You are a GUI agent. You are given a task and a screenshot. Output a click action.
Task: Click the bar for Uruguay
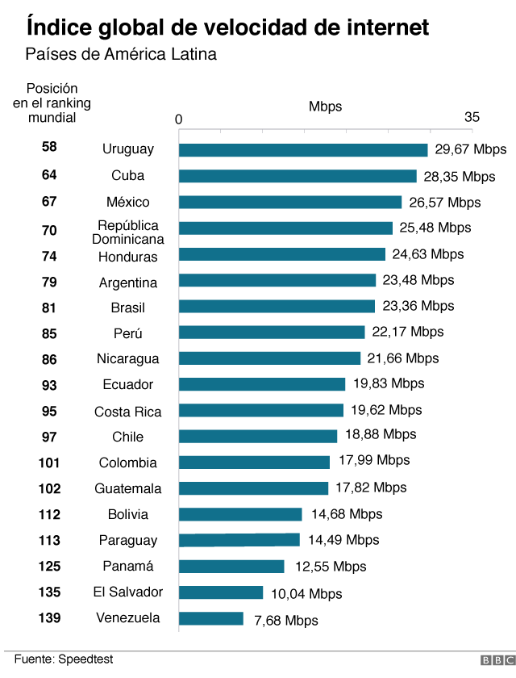(x=302, y=150)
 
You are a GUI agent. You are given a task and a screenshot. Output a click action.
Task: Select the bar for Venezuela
(x=210, y=618)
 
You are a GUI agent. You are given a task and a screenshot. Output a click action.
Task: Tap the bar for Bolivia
(x=239, y=514)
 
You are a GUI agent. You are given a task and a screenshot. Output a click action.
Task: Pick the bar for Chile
(x=257, y=436)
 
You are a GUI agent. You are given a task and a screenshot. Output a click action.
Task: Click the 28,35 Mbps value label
(x=460, y=177)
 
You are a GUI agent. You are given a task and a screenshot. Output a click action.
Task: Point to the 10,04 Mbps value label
(x=306, y=594)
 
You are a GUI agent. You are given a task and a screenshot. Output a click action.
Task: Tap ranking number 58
(x=49, y=147)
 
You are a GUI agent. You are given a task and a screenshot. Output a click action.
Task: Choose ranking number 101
(x=49, y=462)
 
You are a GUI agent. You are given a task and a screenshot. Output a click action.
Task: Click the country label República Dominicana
(x=127, y=232)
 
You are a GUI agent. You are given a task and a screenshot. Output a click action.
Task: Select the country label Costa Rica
(x=127, y=412)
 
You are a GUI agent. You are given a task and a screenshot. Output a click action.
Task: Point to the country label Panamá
(x=127, y=566)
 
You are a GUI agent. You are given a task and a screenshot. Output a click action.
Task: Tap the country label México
(x=127, y=202)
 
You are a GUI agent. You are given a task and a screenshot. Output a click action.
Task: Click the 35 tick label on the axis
(x=472, y=118)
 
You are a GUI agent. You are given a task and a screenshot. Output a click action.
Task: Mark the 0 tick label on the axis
(x=179, y=119)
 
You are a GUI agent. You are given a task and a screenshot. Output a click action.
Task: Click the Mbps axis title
(x=325, y=107)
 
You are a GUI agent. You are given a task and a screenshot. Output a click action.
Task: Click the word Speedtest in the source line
(x=85, y=659)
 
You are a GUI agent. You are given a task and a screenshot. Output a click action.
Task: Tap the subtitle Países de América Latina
(x=121, y=55)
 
